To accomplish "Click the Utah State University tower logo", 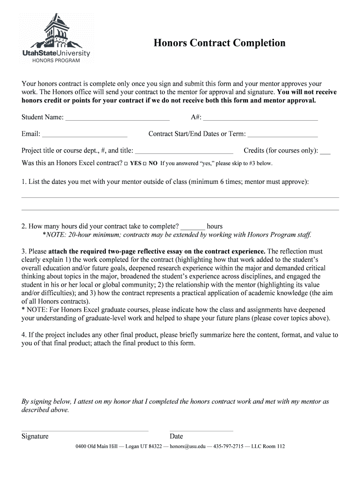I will [x=56, y=30].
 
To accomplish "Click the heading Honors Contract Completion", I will [x=220, y=44].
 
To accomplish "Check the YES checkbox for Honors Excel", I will [x=126, y=164].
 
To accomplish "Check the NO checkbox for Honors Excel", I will [x=145, y=164].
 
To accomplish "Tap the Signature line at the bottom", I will [x=85, y=429].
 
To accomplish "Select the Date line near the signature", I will [x=201, y=429].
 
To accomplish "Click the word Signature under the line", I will [x=35, y=436].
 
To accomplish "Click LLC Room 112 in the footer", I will [x=268, y=447].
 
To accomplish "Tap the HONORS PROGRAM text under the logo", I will [x=56, y=61].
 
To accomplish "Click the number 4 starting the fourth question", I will [x=23, y=335].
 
